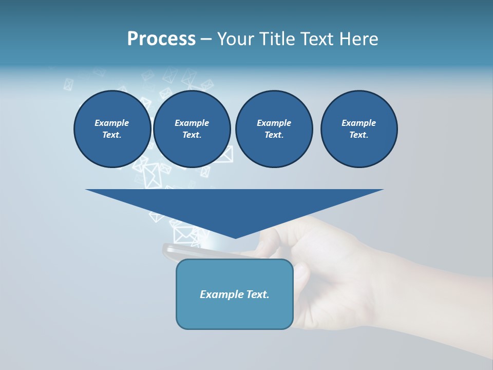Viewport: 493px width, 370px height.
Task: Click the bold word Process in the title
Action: pyautogui.click(x=161, y=39)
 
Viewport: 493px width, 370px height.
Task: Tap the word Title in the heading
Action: pyautogui.click(x=276, y=39)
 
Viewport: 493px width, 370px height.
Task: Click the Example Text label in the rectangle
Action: pyautogui.click(x=235, y=294)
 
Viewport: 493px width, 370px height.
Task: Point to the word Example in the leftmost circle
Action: pyautogui.click(x=112, y=123)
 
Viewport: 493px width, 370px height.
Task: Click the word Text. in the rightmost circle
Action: pyautogui.click(x=359, y=135)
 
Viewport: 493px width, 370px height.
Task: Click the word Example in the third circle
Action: pyautogui.click(x=274, y=123)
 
